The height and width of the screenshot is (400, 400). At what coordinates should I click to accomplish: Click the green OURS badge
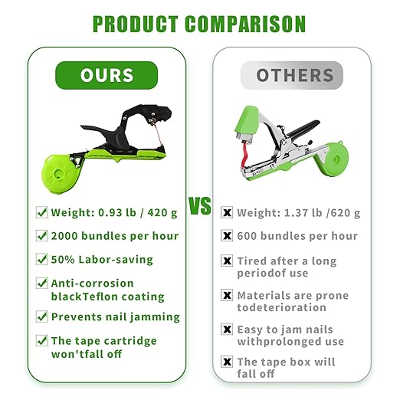(x=107, y=76)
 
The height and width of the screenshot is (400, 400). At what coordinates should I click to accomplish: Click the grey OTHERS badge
(x=295, y=76)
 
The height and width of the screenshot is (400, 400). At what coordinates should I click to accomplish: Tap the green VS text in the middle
(x=200, y=208)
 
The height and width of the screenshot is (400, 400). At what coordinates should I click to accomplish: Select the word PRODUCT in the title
(x=135, y=25)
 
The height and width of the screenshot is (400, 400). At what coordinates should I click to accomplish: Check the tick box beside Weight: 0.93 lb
(x=42, y=211)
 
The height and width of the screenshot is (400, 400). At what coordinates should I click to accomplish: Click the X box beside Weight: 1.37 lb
(x=227, y=212)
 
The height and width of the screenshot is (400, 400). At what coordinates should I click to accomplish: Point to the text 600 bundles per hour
(x=297, y=236)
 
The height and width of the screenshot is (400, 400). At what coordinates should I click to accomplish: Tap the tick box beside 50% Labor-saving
(x=42, y=259)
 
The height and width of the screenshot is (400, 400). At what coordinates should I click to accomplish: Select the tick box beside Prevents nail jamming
(x=42, y=316)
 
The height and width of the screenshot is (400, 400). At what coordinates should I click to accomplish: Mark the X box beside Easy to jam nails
(x=227, y=329)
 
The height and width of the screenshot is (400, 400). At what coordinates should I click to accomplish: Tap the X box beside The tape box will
(x=227, y=362)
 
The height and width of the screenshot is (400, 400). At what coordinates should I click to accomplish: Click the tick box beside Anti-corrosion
(x=42, y=284)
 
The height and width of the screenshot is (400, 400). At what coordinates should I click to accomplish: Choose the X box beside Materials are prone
(x=227, y=295)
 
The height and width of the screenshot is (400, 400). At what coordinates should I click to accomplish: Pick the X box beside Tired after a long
(x=227, y=261)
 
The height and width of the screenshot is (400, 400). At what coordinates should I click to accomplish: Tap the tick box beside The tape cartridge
(x=42, y=340)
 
